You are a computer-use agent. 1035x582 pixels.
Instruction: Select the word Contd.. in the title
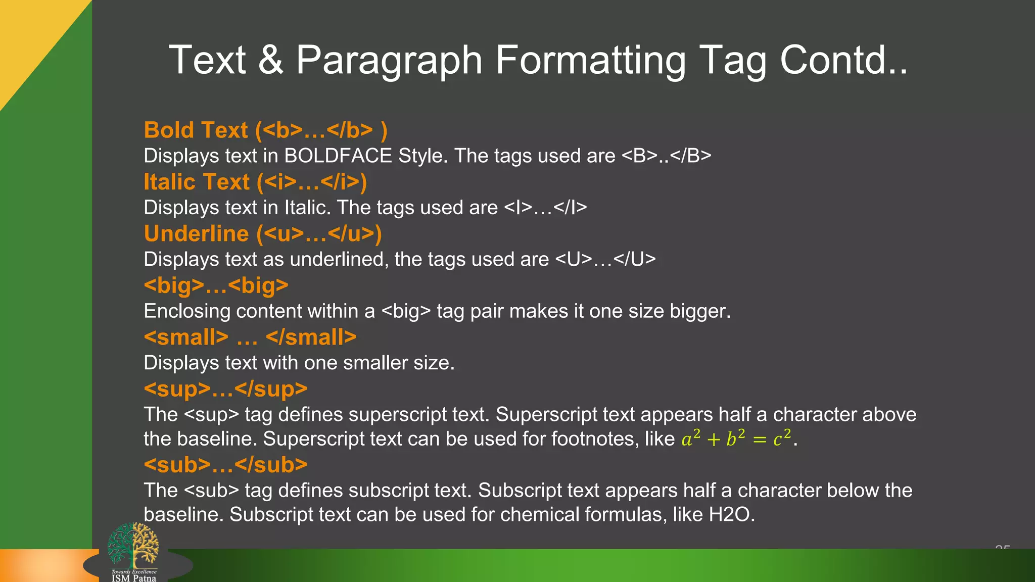pos(843,60)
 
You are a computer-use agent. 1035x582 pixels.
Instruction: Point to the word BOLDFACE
pos(338,156)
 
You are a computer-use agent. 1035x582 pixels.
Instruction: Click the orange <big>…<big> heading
pos(216,285)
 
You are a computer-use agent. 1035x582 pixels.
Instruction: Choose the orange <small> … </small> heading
pos(250,337)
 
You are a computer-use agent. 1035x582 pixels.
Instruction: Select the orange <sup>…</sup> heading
pos(225,389)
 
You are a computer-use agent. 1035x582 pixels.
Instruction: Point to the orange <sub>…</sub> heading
pos(225,465)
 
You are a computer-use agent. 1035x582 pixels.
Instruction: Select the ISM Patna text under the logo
pos(134,578)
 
